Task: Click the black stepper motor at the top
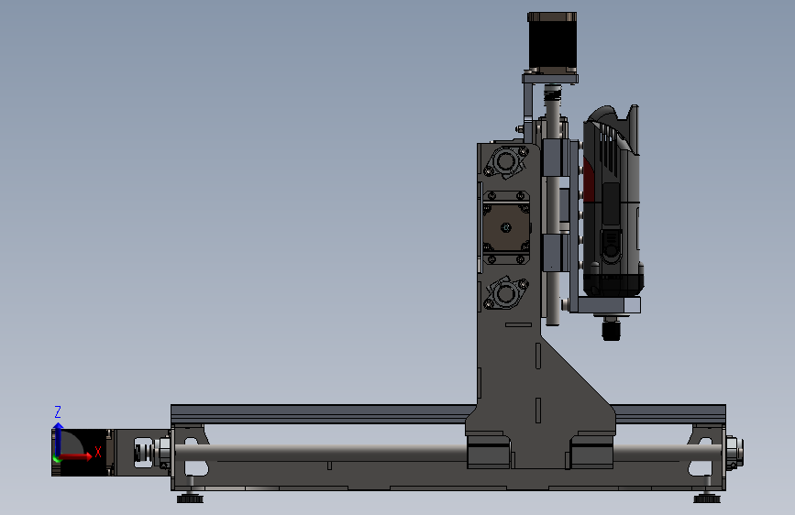coord(552,42)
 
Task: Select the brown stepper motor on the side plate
coord(506,227)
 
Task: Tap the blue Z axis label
coord(58,411)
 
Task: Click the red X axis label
coord(98,452)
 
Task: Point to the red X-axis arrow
coord(74,456)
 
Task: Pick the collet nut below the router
coord(612,330)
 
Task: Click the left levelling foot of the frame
coord(190,498)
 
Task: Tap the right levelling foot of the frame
coord(707,498)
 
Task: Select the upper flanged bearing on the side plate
coord(505,161)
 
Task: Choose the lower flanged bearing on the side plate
coord(506,293)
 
